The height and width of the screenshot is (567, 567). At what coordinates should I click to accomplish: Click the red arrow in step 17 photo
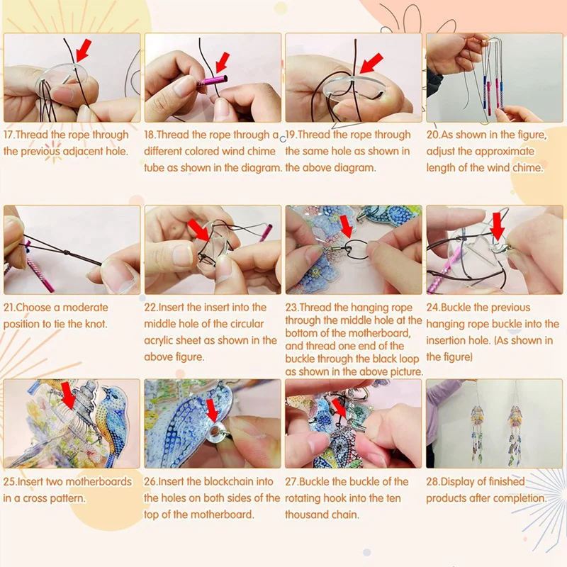83,51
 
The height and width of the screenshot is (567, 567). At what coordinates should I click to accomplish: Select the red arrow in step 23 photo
345,227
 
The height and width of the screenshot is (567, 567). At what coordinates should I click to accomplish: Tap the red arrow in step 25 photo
68,394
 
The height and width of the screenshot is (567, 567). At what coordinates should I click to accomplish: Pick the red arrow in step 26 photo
210,410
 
